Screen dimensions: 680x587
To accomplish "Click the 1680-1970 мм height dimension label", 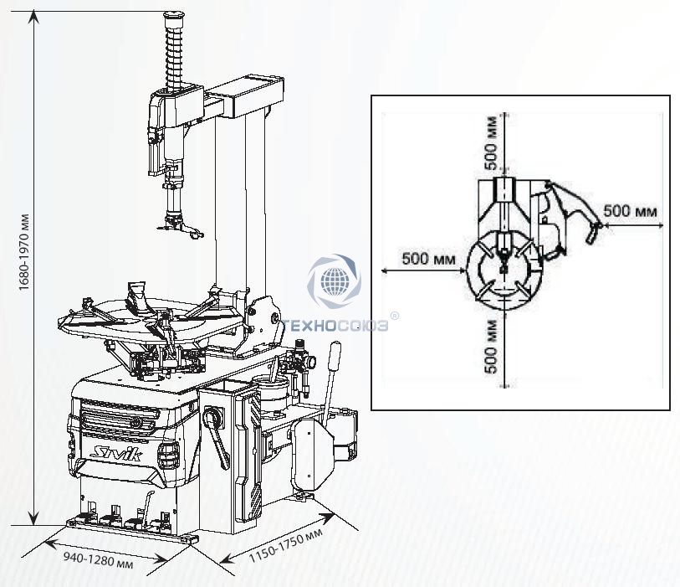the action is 24,252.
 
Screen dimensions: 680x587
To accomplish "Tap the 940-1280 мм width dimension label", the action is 99,559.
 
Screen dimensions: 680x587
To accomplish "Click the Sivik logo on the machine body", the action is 115,453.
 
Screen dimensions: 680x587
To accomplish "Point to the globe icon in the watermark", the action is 335,281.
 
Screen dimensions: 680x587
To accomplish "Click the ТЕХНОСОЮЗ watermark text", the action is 334,326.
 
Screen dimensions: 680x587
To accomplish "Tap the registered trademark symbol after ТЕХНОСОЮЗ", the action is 395,316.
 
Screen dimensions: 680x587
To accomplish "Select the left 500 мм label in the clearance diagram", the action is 428,259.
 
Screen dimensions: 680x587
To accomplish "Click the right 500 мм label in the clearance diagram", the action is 630,211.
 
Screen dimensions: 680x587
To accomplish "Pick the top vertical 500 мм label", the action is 491,143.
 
